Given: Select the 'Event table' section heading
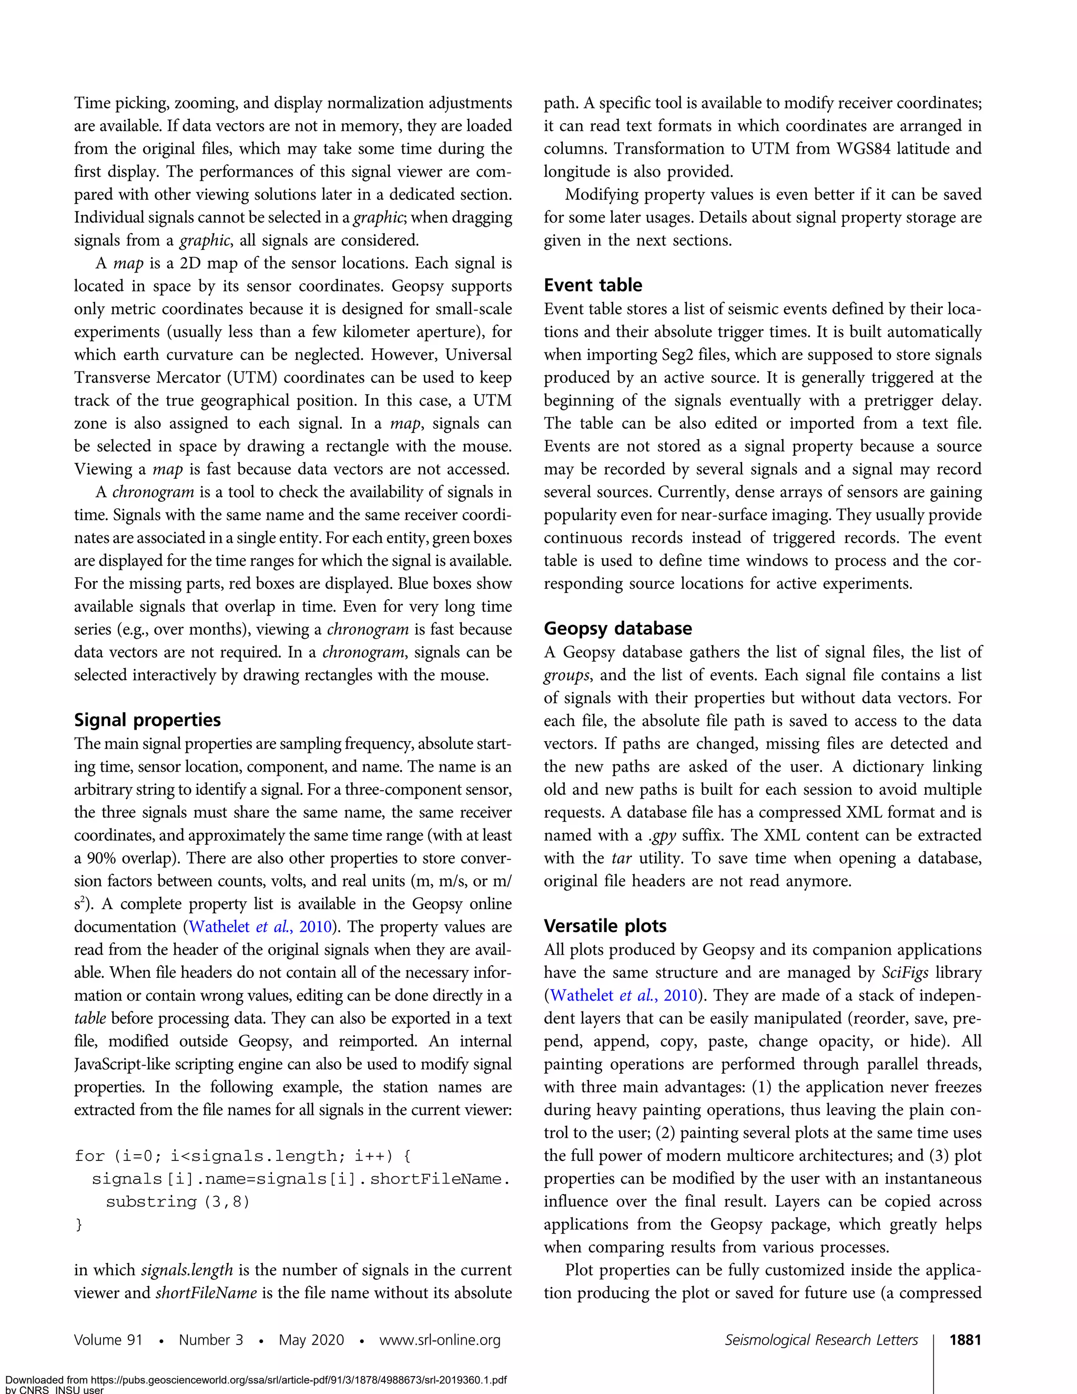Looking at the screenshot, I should (593, 285).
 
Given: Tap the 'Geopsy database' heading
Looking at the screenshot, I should (617, 628).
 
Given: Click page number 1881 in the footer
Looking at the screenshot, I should (964, 1340).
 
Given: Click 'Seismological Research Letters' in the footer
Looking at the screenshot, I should (821, 1340).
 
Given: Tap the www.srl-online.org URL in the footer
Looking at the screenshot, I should (440, 1340).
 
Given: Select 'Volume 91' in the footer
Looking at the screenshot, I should (108, 1340).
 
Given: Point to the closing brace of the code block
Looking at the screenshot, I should (79, 1224).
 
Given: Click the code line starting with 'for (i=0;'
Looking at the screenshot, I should (242, 1155).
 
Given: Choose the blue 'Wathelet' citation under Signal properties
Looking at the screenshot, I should (219, 926).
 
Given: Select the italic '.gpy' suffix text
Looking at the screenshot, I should (663, 835).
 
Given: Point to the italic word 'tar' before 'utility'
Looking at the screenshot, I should (622, 858).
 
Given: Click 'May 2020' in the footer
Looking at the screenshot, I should (311, 1340).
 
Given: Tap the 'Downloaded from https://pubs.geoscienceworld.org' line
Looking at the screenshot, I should (255, 1379).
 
